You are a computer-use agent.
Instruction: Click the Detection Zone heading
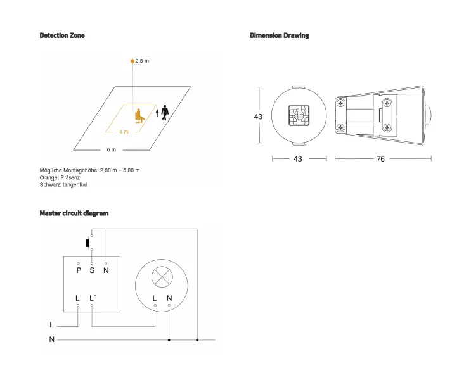[62, 35]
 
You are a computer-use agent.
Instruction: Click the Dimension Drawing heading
[279, 35]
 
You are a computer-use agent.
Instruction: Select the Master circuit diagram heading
[74, 213]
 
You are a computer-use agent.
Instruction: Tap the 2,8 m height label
[143, 61]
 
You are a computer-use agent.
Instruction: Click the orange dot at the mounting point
[132, 61]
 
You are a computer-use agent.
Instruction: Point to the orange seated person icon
[139, 115]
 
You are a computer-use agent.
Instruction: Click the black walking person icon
[165, 112]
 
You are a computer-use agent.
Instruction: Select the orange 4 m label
[124, 132]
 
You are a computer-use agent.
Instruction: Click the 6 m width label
[111, 150]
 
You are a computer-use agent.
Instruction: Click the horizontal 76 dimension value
[380, 159]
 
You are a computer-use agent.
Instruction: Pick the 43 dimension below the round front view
[297, 159]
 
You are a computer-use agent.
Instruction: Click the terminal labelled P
[79, 270]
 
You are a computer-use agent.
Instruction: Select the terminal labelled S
[92, 270]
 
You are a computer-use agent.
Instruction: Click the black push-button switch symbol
[87, 243]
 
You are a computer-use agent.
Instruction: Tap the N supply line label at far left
[52, 340]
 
